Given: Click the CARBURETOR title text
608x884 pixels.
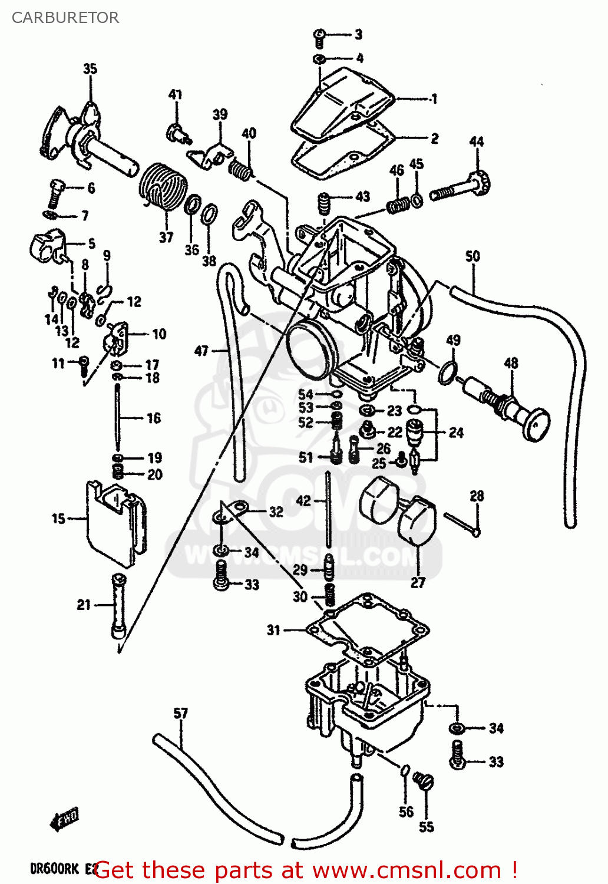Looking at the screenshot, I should (65, 18).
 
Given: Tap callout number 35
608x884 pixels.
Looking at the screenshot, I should (90, 69).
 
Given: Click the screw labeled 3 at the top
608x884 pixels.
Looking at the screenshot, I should (319, 37).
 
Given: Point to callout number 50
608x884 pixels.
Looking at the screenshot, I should (472, 256).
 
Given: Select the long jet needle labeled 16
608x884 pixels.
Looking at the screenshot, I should (118, 418).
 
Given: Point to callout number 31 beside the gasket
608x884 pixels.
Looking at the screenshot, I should (273, 630).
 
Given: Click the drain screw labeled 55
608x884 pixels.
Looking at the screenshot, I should (423, 781).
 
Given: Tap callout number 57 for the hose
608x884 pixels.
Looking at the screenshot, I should (180, 714).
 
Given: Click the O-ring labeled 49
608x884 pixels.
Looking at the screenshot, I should (448, 372).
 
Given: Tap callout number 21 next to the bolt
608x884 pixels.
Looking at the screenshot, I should (84, 605).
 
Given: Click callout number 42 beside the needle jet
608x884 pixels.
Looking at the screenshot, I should (303, 501).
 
